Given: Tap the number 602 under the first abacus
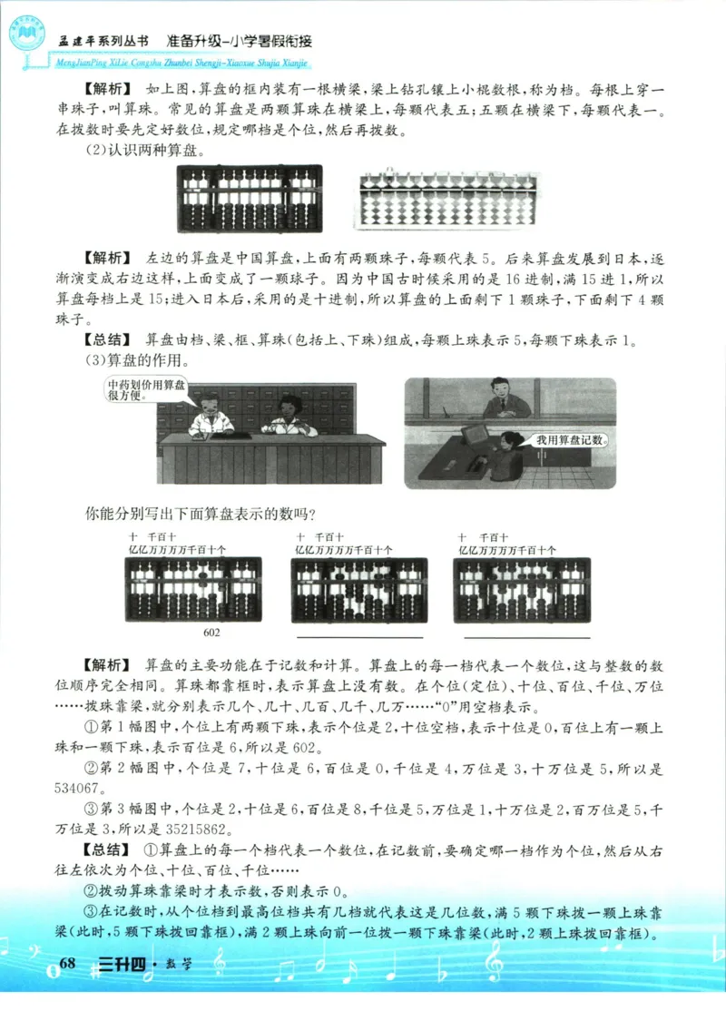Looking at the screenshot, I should (x=210, y=633).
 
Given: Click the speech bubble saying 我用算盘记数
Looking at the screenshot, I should (x=569, y=440).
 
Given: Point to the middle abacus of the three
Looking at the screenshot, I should (x=358, y=590).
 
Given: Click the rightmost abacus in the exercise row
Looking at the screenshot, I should (x=521, y=590).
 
